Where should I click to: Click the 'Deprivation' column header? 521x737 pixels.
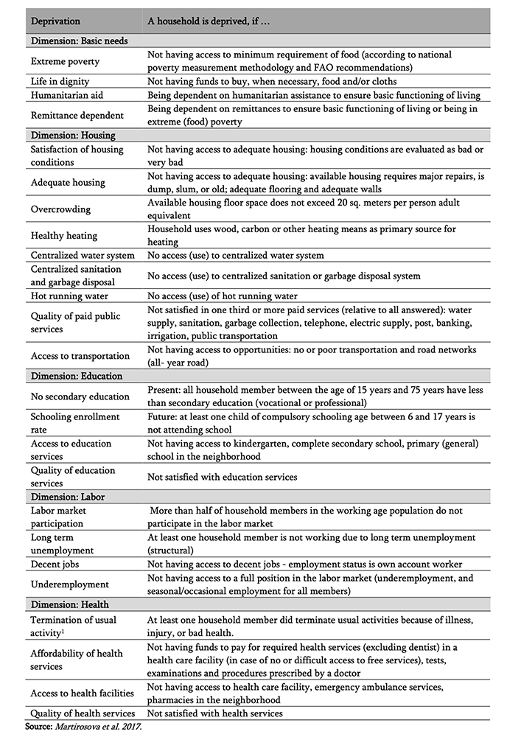click(56, 21)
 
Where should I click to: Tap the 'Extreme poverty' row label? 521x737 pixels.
click(65, 61)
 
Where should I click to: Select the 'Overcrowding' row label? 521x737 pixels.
click(61, 209)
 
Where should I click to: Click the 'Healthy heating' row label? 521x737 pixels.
click(64, 236)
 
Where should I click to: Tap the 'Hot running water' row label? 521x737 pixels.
click(70, 296)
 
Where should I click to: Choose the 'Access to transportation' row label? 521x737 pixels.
click(80, 356)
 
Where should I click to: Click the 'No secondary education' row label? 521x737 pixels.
click(80, 397)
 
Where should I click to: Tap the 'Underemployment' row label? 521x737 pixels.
click(69, 584)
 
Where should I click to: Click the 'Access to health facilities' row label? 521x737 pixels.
click(82, 693)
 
